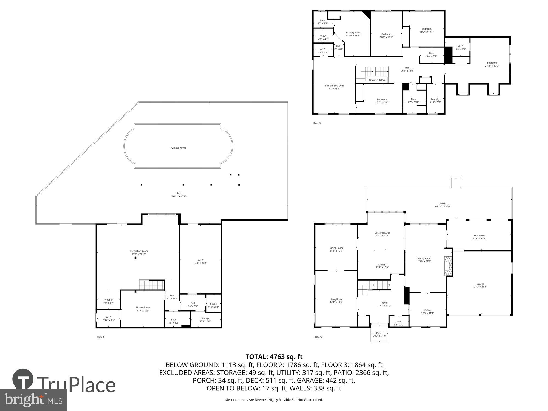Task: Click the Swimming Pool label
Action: point(178,148)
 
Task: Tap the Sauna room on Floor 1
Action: point(213,305)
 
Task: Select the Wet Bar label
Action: point(109,299)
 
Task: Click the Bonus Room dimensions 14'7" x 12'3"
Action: point(143,310)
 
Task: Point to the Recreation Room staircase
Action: point(152,285)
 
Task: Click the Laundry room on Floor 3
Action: point(435,101)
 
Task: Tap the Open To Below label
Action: point(377,80)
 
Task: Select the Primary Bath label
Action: point(353,32)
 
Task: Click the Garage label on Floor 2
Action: point(480,284)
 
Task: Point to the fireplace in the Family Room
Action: point(448,266)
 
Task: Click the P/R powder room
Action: point(399,323)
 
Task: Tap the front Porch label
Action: point(379,333)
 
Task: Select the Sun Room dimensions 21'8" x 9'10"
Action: point(479,238)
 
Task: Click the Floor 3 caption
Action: point(317,124)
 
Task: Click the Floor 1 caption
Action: point(100,337)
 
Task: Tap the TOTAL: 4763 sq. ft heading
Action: point(274,357)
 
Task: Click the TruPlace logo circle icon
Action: point(23,379)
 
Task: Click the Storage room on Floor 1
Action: point(205,319)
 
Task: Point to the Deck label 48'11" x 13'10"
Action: point(443,206)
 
